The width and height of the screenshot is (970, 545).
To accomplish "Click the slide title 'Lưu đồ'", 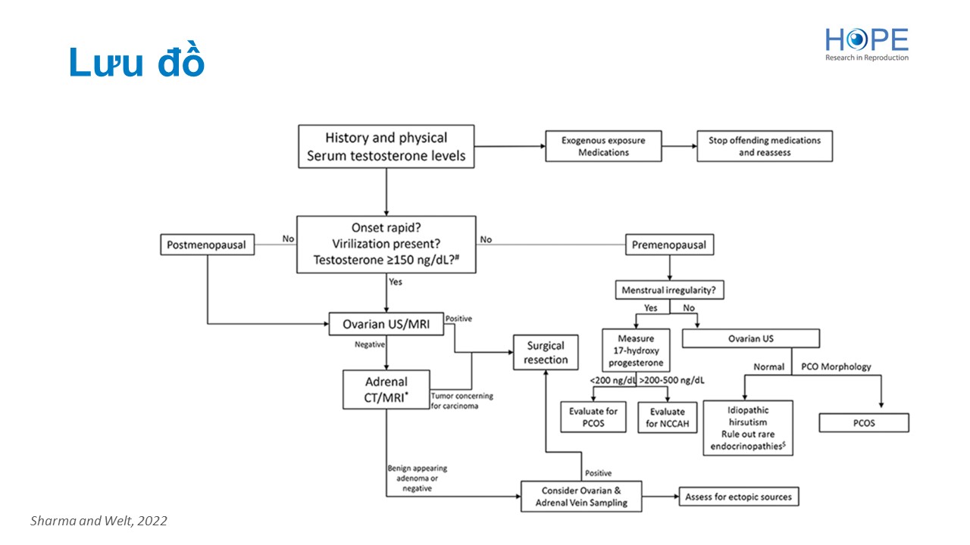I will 136,64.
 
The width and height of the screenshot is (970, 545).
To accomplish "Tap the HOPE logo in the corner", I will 866,44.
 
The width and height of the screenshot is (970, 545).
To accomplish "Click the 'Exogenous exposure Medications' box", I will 603,146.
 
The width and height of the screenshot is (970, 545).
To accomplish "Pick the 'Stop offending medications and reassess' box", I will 764,146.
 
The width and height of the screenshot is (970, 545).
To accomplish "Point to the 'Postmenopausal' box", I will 207,244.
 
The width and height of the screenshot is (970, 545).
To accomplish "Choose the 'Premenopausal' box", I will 669,244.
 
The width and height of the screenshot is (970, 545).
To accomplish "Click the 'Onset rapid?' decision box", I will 386,244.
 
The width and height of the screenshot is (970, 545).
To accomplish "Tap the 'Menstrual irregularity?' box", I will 669,290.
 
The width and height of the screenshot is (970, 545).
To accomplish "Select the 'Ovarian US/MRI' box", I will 386,324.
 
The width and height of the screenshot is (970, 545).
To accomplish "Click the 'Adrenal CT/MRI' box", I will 386,389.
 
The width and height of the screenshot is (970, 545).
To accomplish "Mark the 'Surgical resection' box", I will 546,353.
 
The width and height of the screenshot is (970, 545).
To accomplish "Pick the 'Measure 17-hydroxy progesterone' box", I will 635,350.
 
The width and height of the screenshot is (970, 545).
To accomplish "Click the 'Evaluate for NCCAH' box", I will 667,418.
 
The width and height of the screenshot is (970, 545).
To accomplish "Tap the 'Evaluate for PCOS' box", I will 593,418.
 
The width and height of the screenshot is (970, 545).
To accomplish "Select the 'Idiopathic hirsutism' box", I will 747,428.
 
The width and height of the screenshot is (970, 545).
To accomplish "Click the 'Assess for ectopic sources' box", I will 738,497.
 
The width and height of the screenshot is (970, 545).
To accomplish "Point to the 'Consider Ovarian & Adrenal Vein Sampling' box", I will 581,497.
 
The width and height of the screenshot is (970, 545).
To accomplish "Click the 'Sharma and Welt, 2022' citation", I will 99,521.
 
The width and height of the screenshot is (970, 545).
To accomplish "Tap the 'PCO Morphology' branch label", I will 836,367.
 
